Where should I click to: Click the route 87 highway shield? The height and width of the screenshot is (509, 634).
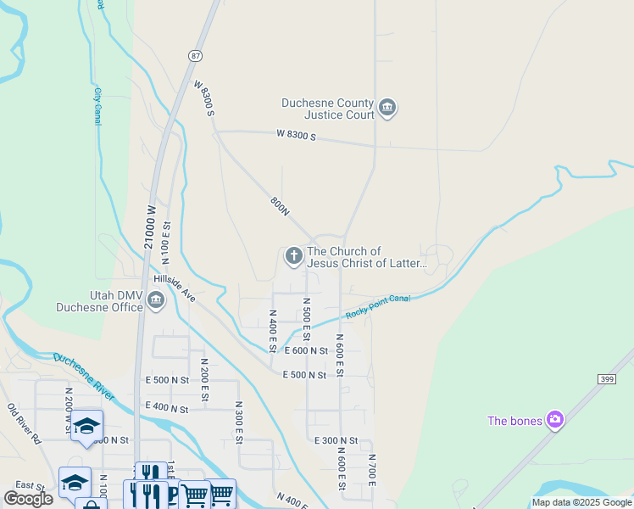click(196, 55)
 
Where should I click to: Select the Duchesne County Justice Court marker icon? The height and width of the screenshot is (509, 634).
click(387, 107)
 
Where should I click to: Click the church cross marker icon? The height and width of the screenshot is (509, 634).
click(293, 255)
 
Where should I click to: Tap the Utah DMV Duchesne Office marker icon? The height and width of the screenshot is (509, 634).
click(156, 299)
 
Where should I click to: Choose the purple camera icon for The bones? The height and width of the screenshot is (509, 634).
click(554, 420)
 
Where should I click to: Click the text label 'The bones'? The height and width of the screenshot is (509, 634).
click(514, 421)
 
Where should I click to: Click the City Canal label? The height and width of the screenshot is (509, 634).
click(97, 106)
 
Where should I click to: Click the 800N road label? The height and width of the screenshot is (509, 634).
click(280, 207)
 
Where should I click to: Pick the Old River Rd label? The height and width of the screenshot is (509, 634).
click(24, 424)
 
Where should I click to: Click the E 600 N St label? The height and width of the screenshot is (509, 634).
click(306, 350)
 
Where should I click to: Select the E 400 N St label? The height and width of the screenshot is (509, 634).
click(166, 409)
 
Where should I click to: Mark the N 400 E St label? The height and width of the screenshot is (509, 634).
click(273, 332)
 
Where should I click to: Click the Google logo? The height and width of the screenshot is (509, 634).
click(29, 499)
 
